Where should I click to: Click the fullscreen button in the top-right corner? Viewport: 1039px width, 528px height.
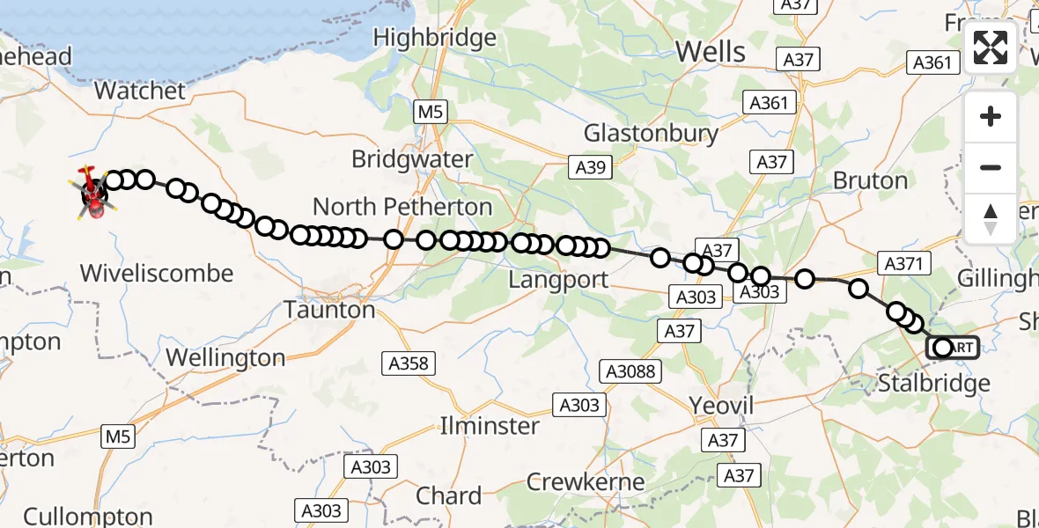point(991,48)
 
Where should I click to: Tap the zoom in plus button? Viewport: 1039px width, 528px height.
point(991,117)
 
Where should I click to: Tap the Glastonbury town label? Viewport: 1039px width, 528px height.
point(651,134)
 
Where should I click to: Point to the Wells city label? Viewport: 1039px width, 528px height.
point(711,52)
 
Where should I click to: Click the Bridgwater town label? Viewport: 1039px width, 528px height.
point(411,159)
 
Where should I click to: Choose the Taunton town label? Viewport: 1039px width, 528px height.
point(329,310)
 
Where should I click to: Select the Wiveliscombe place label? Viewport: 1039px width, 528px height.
point(157,273)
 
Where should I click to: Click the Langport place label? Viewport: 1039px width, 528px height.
point(559,281)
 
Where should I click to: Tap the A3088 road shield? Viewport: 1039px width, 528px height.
point(630,371)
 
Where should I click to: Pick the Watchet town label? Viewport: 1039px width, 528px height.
point(140,91)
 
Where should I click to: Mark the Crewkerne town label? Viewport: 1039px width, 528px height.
point(585,482)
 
